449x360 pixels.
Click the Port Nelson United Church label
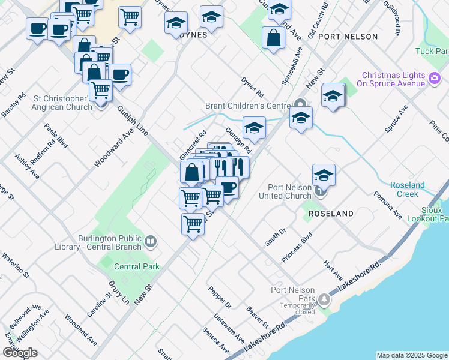(285, 191)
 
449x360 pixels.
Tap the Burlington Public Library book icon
(151, 242)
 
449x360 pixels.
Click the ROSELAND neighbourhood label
(331, 214)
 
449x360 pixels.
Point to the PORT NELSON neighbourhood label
(348, 37)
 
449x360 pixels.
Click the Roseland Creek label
(408, 189)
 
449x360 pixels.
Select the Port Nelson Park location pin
(325, 299)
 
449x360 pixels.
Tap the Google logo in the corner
(20, 353)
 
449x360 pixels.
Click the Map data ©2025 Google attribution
(411, 355)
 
